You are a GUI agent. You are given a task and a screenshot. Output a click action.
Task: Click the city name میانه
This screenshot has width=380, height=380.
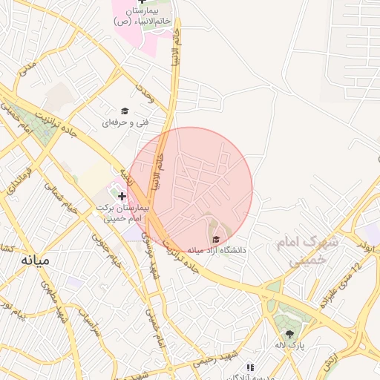click(x=34, y=261)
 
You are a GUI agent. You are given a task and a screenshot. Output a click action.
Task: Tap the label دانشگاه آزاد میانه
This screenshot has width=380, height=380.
click(x=216, y=250)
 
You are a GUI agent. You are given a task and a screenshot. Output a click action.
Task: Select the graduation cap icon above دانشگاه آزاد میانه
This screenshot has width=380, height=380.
click(x=216, y=238)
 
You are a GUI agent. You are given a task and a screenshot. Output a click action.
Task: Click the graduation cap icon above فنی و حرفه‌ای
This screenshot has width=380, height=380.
click(x=125, y=111)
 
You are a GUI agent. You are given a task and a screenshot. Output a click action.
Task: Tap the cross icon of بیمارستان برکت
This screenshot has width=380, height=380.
click(x=122, y=195)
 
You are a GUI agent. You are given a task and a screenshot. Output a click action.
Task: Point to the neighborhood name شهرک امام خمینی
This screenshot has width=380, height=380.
click(x=307, y=251)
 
